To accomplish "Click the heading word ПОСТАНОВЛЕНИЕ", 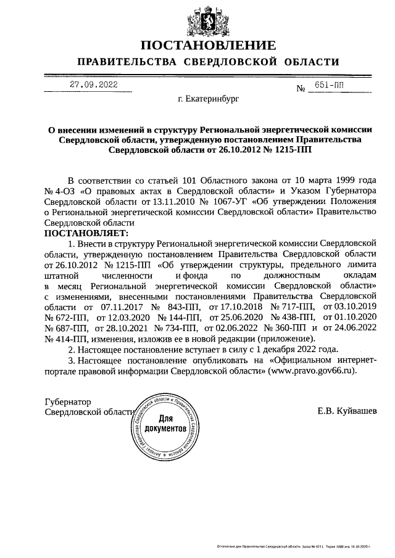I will point(208,46).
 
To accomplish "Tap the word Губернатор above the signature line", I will point(68,401).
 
